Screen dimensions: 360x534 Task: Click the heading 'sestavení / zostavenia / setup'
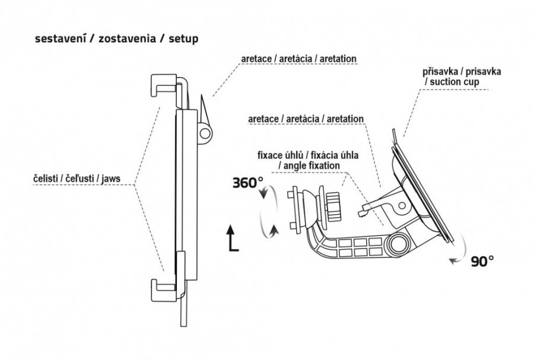(x=117, y=39)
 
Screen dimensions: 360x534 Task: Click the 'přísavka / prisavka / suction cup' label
(x=462, y=75)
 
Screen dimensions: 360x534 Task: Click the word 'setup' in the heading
(x=184, y=39)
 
